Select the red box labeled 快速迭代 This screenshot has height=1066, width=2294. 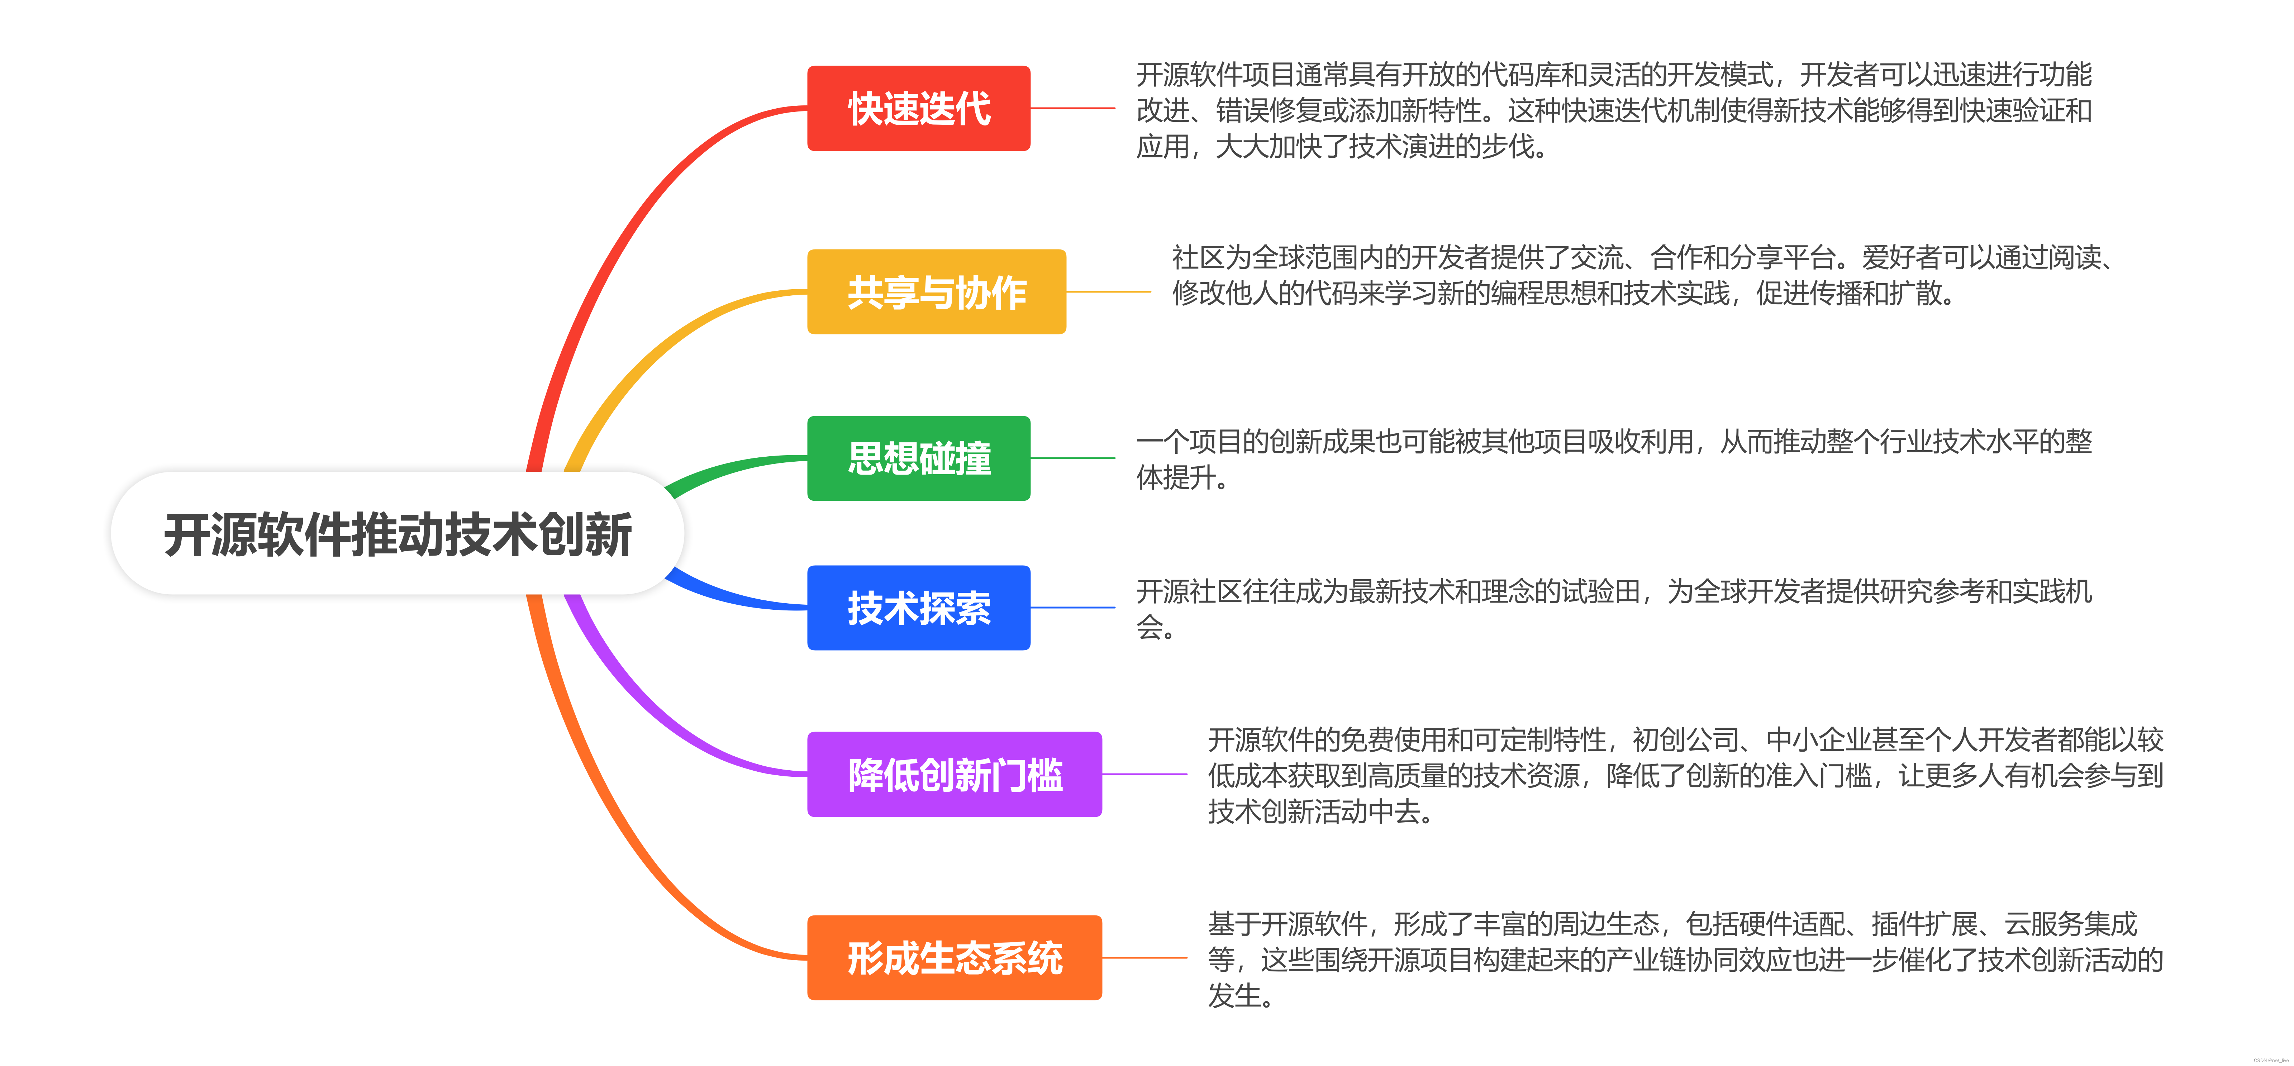pyautogui.click(x=918, y=109)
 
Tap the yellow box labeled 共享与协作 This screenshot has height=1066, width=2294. pyautogui.click(x=936, y=292)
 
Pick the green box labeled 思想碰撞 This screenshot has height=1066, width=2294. pyautogui.click(x=918, y=459)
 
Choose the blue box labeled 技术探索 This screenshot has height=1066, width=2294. pyautogui.click(x=918, y=608)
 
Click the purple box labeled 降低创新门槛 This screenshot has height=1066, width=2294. pyautogui.click(x=954, y=775)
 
